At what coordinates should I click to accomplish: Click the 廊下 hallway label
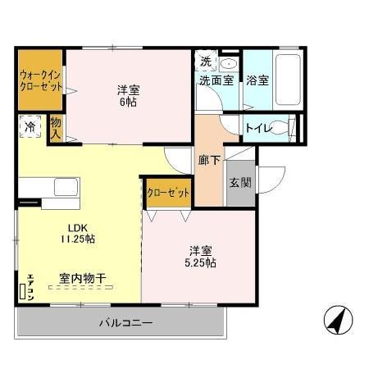[x=208, y=161]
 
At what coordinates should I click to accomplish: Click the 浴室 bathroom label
[x=257, y=80]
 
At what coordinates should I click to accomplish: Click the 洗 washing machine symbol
[x=206, y=61]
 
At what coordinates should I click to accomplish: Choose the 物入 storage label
[x=57, y=127]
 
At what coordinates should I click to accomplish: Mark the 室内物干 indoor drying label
[x=82, y=278]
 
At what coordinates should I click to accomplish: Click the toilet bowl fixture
[x=280, y=128]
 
